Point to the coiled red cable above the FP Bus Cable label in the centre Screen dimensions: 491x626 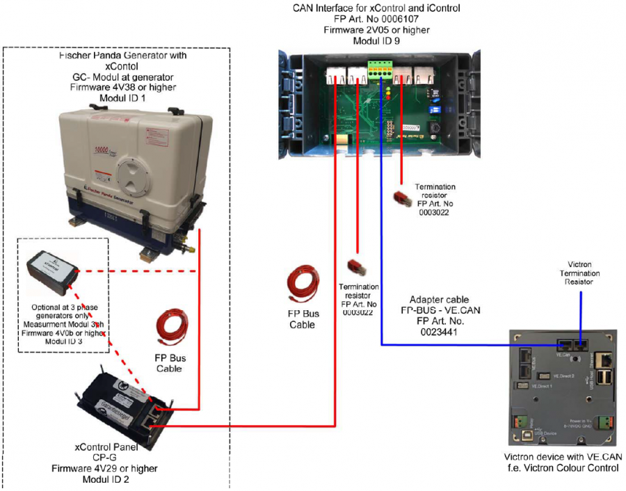pyautogui.click(x=302, y=286)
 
